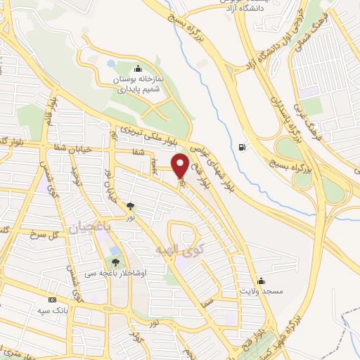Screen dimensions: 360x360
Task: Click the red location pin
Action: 180,165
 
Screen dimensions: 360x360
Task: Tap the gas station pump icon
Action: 243,147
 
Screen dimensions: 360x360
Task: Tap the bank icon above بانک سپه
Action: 52,299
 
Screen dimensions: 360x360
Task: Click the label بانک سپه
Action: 52,309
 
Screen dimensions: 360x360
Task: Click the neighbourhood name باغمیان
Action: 89,227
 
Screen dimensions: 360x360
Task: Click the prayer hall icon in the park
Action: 137,69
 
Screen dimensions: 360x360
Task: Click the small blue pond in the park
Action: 111,63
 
